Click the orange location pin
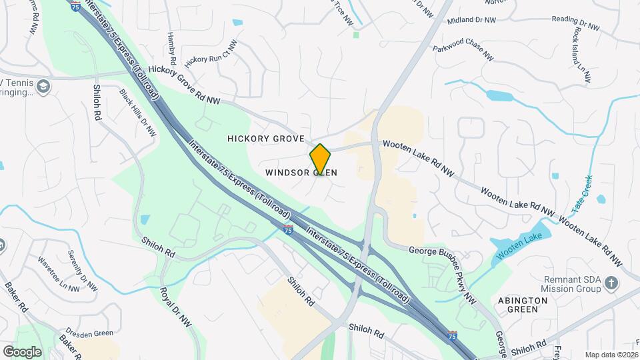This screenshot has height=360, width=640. coord(320,159)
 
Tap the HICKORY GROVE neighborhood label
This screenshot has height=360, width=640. coord(266,139)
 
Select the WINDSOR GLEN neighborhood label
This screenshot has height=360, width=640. coord(301,173)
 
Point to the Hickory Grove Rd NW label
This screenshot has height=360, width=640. coord(185,85)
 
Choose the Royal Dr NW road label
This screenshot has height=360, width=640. coord(176,307)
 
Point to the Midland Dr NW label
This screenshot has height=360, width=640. coord(472,21)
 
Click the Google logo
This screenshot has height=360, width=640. coord(22,351)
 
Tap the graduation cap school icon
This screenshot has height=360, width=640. coord(44,87)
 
